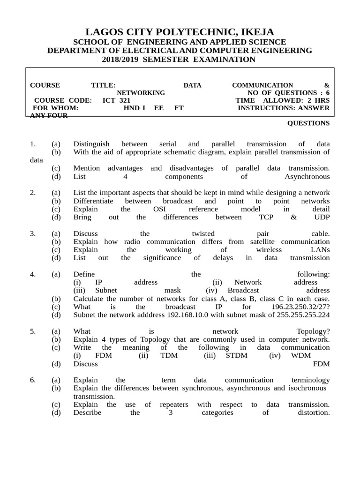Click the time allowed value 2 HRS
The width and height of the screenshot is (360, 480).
[318, 100]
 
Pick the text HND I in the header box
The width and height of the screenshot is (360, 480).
[134, 108]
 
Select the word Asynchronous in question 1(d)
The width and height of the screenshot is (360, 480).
[307, 177]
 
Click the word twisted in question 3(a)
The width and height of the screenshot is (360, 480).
[203, 233]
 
